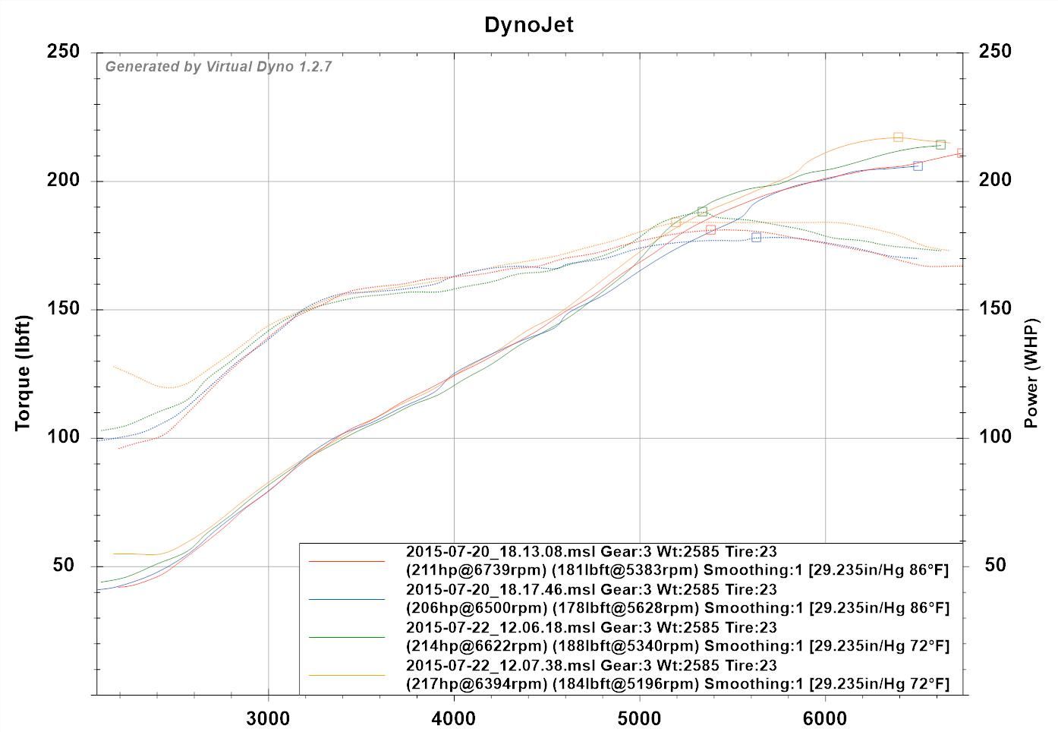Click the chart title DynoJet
coord(529,25)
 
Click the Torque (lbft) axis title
coord(24,373)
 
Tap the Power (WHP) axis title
coord(1031,373)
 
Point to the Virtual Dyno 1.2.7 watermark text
coord(219,67)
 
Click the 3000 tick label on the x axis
coord(268,718)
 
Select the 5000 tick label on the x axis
coord(639,718)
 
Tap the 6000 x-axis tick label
coord(825,718)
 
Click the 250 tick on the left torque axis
coord(65,52)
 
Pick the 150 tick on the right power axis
coord(995,308)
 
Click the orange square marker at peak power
coord(898,137)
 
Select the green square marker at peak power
coord(940,145)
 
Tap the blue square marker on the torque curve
coord(756,238)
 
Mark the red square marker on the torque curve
coord(711,229)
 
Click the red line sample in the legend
coord(347,561)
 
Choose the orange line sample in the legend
coord(347,675)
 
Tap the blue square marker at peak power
coord(918,166)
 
